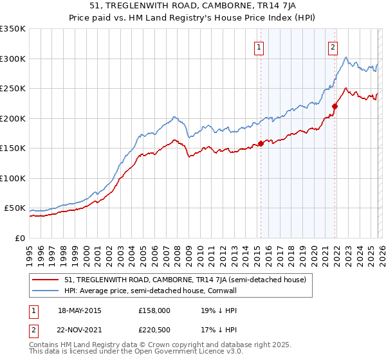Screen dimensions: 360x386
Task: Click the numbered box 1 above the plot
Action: coord(258,46)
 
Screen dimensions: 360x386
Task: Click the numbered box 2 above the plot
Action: coord(333,46)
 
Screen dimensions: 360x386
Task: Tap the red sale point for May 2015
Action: coord(261,143)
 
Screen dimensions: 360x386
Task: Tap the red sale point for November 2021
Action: coord(335,106)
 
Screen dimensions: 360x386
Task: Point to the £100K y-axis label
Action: coord(13,178)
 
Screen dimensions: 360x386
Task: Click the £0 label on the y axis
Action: coord(19,238)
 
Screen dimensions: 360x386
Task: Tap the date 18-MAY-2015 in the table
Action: coord(80,310)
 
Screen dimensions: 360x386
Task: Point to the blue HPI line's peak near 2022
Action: coord(347,58)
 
